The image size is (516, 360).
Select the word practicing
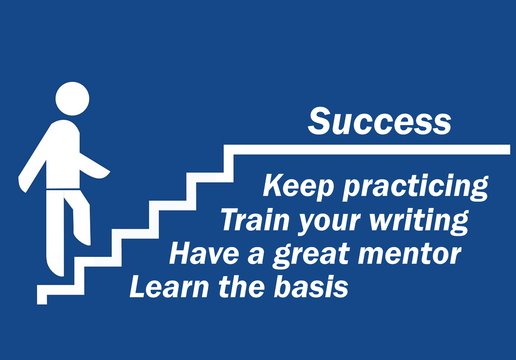pyautogui.click(x=415, y=188)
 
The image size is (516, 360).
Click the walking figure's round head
pyautogui.click(x=72, y=99)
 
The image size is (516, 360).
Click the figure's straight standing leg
pyautogui.click(x=55, y=233)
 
